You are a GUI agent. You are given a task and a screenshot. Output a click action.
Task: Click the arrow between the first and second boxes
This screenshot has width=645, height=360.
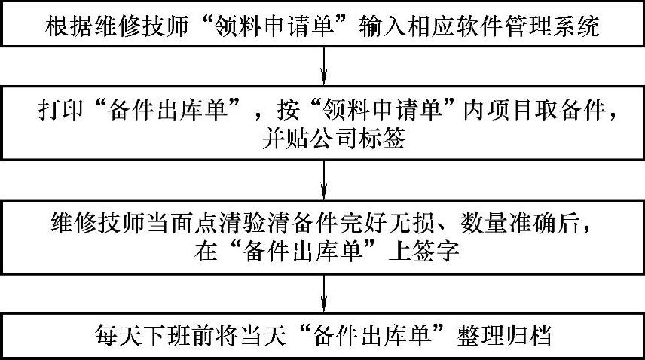pyautogui.click(x=323, y=66)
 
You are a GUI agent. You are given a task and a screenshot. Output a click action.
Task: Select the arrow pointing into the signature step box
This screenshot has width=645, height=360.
pyautogui.click(x=323, y=178)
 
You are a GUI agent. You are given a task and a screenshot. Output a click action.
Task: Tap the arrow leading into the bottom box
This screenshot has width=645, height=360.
pyautogui.click(x=323, y=293)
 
